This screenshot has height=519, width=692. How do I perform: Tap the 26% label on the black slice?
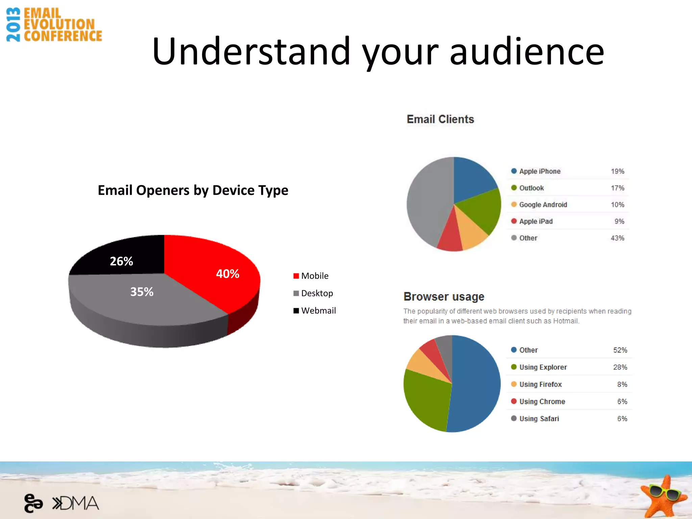pos(121,261)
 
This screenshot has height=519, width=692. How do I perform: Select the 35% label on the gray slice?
pos(142,292)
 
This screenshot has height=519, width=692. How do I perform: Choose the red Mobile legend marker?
pos(296,276)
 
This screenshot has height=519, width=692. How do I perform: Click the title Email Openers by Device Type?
pos(193,190)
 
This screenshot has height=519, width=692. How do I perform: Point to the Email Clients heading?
pos(440,119)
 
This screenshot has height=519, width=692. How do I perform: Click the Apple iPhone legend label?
pos(540,171)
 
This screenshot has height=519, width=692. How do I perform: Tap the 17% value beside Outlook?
pos(617,188)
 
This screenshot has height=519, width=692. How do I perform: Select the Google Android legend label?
pos(543,205)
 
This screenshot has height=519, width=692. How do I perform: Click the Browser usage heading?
pos(444,297)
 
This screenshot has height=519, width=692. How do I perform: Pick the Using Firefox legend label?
pos(540,385)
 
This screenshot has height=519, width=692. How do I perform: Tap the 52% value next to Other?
pos(620,350)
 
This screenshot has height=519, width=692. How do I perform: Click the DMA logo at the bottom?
pos(76,503)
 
